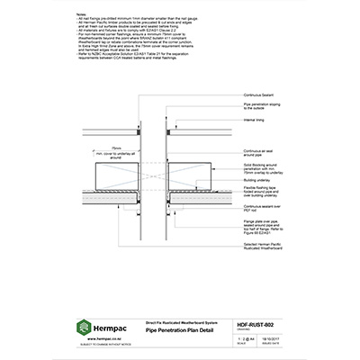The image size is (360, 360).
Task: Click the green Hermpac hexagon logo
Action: [x=85, y=328]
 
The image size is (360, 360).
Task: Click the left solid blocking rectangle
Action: [x=115, y=174]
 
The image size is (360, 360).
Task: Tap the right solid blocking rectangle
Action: [x=191, y=174]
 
